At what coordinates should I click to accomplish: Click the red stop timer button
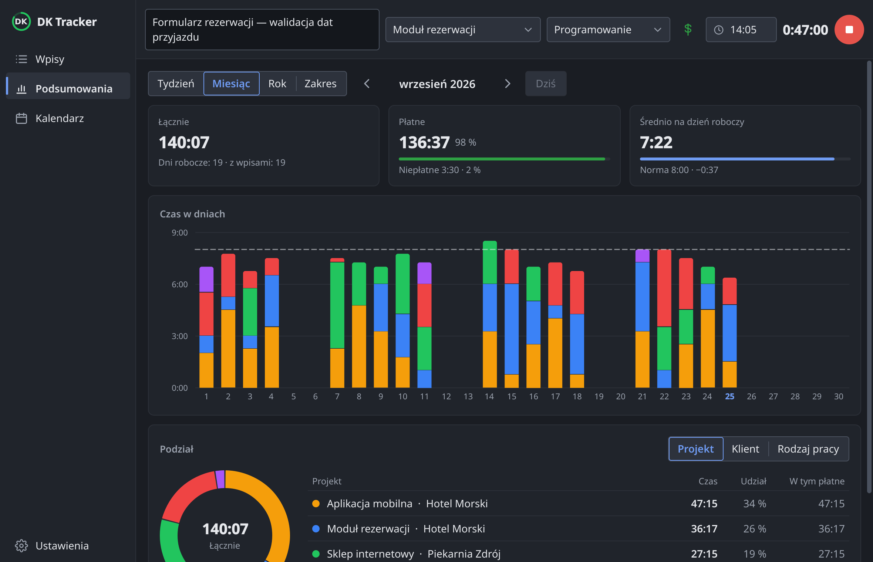(x=849, y=30)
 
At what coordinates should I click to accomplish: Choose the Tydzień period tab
(x=176, y=84)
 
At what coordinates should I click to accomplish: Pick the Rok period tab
(x=277, y=84)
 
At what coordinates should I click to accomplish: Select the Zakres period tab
(x=321, y=84)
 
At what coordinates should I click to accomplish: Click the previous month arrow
(x=367, y=84)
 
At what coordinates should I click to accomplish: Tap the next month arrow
(x=508, y=84)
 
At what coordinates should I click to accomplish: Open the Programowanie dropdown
(x=608, y=30)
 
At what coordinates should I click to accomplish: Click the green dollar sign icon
(x=688, y=29)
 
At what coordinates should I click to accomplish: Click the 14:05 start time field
(x=741, y=30)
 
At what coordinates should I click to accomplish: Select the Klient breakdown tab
(x=745, y=449)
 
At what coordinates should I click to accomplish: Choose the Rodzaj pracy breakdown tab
(x=808, y=449)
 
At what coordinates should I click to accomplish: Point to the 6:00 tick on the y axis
(x=179, y=284)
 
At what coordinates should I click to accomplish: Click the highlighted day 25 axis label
(x=729, y=396)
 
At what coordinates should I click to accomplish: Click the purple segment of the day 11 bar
(x=424, y=273)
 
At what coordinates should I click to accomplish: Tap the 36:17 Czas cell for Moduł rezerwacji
(x=704, y=529)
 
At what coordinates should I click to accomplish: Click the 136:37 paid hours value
(x=424, y=142)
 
